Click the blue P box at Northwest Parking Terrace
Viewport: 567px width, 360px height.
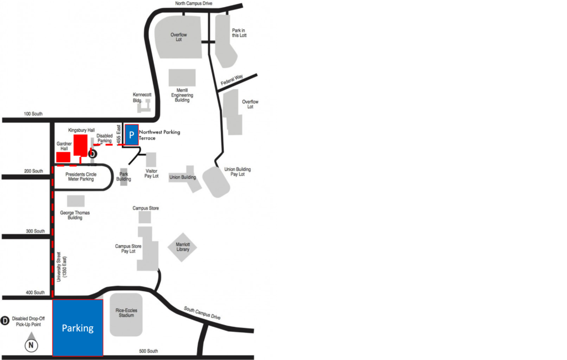click(132, 135)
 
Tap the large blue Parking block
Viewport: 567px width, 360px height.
click(78, 328)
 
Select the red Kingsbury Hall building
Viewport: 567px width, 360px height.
click(81, 146)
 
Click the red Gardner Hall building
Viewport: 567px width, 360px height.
click(63, 157)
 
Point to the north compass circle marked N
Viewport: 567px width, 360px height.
click(31, 345)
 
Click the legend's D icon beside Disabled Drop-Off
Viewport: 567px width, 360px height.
click(5, 321)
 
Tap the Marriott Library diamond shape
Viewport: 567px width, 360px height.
click(182, 247)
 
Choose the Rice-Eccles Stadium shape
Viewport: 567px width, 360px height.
click(126, 315)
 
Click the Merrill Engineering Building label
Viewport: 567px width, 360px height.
click(182, 95)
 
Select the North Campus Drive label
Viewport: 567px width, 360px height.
click(194, 3)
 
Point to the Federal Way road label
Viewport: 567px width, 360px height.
click(232, 80)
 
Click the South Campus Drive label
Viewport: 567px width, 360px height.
click(202, 313)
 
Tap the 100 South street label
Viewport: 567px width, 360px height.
click(33, 114)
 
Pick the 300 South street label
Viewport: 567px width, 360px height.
click(35, 231)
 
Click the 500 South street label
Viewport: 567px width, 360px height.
click(148, 351)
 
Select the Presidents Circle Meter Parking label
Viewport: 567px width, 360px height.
click(81, 177)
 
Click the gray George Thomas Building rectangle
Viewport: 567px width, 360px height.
click(76, 201)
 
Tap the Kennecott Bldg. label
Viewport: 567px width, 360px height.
click(142, 97)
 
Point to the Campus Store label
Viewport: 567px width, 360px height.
click(146, 208)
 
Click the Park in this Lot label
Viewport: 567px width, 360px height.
click(239, 33)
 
